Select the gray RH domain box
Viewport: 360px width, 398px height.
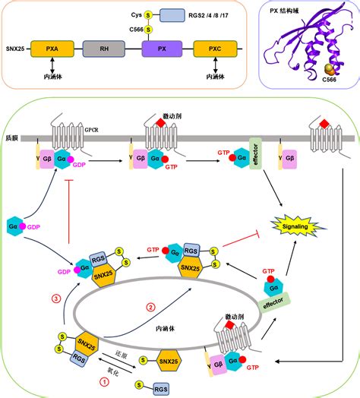104,51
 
